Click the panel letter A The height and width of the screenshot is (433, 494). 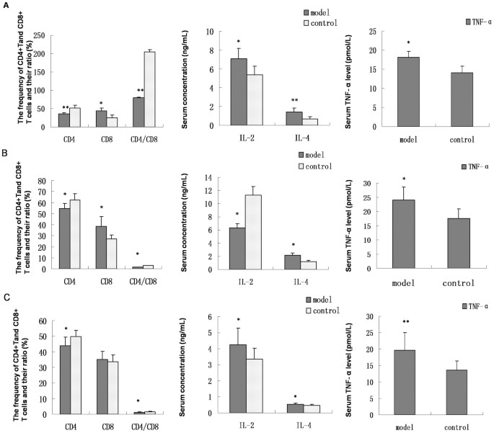click(x=6, y=5)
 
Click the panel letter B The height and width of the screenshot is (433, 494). click(x=6, y=153)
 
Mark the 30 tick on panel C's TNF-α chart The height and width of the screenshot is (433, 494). click(x=368, y=316)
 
